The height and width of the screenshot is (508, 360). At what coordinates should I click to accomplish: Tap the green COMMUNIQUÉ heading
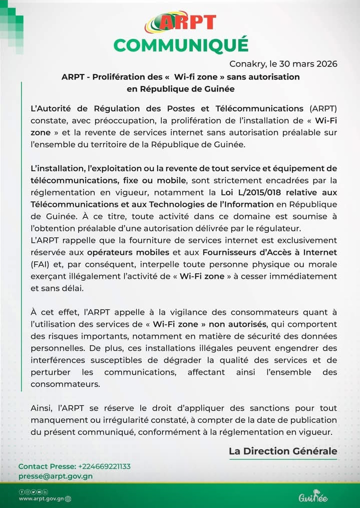click(181, 45)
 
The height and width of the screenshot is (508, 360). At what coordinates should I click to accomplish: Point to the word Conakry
click(246, 64)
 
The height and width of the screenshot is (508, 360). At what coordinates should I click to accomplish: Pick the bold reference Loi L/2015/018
click(249, 192)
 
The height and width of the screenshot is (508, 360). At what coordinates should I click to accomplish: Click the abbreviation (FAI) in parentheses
click(40, 264)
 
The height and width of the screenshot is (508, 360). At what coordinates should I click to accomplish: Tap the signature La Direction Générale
click(283, 451)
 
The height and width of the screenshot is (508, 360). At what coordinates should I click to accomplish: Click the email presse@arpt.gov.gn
click(56, 476)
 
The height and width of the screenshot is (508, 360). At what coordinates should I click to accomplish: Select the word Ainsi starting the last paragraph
click(42, 408)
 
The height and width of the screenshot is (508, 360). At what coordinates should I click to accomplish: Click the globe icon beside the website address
click(68, 498)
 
